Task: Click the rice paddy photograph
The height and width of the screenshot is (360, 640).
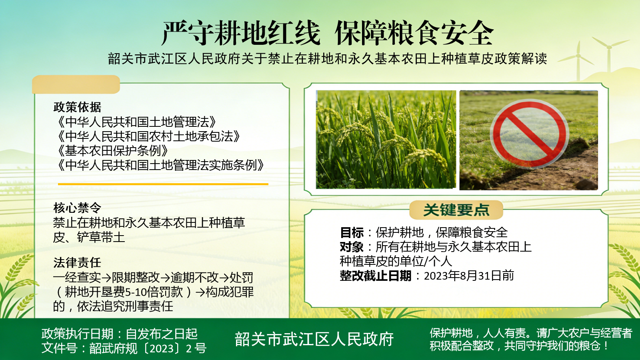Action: (386, 140)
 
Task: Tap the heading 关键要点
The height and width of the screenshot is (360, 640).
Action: (456, 210)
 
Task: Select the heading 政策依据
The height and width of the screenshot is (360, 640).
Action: (77, 107)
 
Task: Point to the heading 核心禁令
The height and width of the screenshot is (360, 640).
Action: (77, 208)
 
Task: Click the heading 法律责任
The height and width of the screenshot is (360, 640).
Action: (77, 262)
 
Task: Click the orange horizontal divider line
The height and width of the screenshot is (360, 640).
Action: (163, 184)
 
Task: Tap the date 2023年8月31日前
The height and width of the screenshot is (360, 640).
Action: (469, 276)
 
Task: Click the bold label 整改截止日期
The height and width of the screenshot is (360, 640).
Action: (376, 276)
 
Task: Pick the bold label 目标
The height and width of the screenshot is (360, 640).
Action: (352, 232)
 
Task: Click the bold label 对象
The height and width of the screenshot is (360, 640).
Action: (352, 247)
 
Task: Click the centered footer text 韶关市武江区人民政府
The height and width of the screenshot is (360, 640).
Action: (314, 339)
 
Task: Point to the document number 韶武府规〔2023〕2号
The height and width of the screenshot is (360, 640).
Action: (148, 348)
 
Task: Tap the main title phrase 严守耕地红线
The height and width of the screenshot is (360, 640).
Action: (241, 33)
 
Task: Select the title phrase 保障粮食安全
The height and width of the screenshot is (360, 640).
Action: (414, 33)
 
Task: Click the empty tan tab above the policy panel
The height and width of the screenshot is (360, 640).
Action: (76, 84)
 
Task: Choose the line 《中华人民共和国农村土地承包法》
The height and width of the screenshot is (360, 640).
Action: (146, 136)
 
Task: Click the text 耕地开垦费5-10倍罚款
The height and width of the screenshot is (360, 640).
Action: (124, 292)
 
